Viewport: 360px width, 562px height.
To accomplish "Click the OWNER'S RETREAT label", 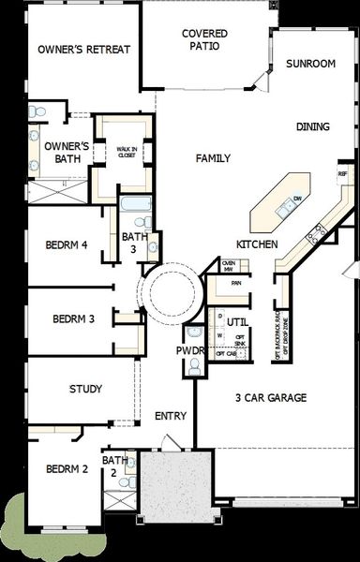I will tap(83, 50).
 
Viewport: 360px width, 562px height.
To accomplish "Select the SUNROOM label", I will tap(310, 65).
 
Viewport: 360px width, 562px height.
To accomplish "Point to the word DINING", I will tap(313, 126).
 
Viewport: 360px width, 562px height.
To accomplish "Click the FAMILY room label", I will tap(213, 158).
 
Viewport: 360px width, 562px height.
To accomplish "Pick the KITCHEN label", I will tap(256, 244).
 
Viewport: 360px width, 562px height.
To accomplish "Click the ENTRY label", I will tap(171, 416).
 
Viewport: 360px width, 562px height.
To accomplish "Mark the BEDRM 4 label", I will tap(67, 245).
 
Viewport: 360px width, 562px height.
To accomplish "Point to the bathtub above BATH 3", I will tap(134, 203).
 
